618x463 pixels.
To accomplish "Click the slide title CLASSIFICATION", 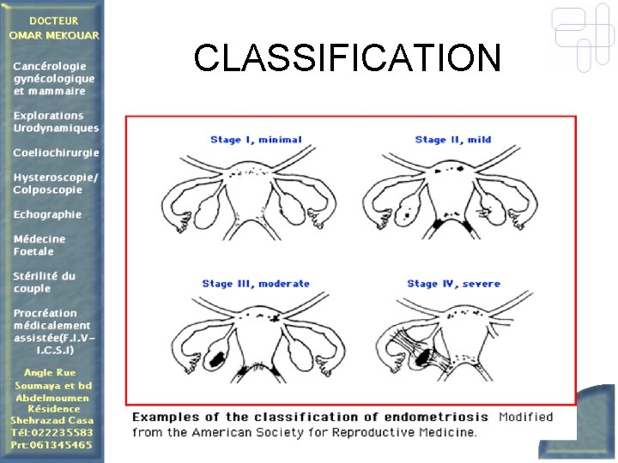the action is pos(347,58).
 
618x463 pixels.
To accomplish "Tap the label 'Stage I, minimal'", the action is pos(256,140).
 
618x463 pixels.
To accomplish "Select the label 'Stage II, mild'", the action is pos(452,140).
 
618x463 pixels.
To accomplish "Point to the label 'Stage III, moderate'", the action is pos(256,284).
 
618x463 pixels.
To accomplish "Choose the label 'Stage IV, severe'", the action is pos(453,284).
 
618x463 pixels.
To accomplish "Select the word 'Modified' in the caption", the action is pos(525,417).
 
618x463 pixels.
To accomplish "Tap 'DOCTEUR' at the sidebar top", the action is pos(53,21).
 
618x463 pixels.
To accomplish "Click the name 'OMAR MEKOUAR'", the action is pos(53,35).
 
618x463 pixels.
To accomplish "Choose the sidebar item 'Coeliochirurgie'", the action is pos(56,153).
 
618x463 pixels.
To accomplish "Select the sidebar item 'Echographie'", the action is pos(47,214).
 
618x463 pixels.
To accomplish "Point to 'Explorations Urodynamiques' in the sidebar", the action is pos(56,122).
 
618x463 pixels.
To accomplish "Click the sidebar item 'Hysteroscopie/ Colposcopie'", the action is pos(55,183).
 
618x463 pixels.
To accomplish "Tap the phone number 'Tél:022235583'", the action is pos(51,433).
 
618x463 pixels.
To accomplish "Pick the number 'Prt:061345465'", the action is pos(51,446).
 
